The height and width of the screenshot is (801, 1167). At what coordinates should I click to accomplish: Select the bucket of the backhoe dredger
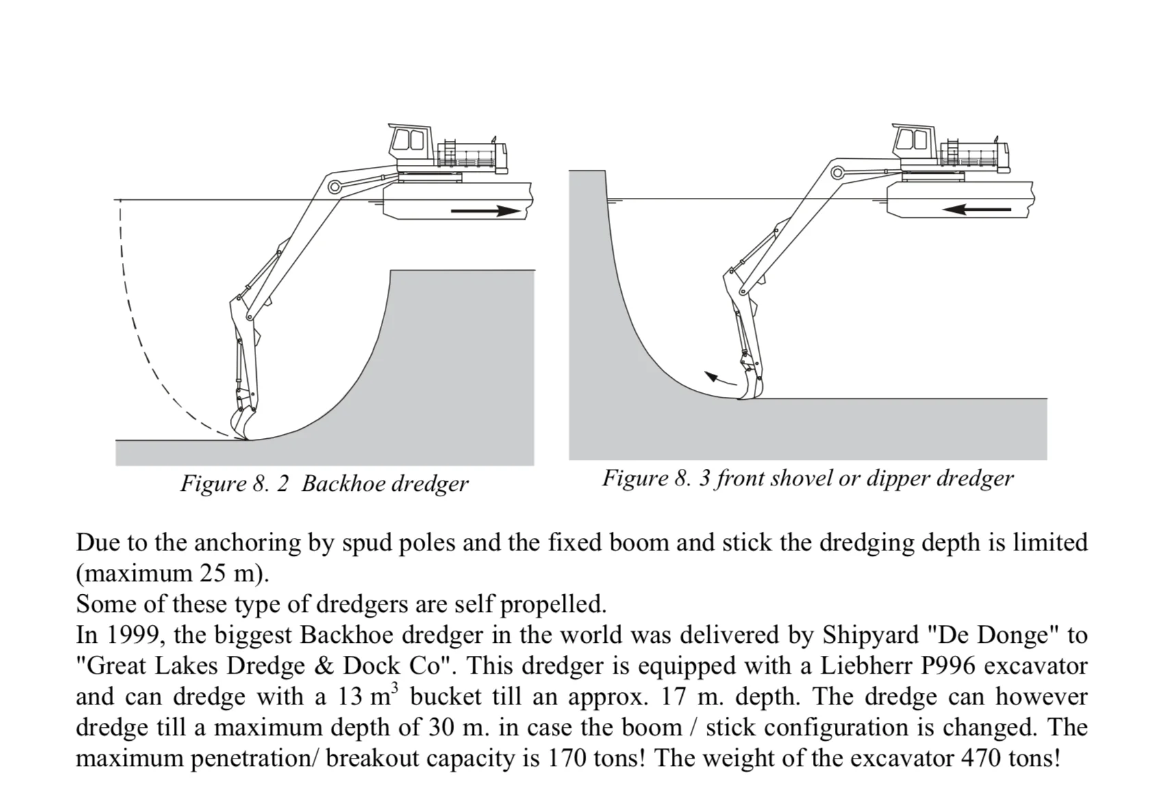coord(243,422)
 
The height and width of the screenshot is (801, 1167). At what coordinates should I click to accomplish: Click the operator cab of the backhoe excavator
coord(410,142)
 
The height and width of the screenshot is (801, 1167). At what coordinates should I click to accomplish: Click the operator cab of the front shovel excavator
coord(914,141)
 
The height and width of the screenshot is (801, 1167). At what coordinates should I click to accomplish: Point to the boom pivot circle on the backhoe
coord(335,186)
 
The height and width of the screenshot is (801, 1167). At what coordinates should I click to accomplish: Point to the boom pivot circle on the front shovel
coord(837,172)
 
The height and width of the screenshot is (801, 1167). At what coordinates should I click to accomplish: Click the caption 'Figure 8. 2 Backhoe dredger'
coord(324,484)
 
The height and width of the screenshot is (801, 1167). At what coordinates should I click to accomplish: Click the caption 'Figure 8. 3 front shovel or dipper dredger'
coord(807,479)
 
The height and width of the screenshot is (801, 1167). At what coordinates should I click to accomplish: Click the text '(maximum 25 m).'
coord(172,574)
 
